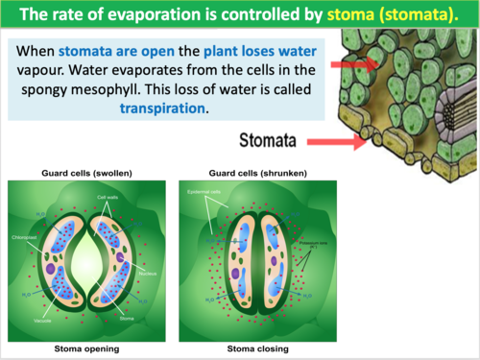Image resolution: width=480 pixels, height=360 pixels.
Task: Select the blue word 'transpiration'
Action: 163,109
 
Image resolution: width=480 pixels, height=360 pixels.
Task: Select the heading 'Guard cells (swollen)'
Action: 86,173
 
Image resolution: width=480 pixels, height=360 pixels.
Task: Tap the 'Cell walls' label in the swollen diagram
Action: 108,196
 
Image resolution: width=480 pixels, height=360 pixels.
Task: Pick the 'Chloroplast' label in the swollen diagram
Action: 25,236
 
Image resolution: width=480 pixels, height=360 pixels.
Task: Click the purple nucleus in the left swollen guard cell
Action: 49,270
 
